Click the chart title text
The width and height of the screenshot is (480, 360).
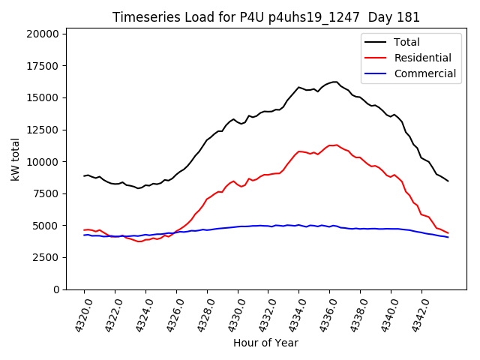[x=266, y=17]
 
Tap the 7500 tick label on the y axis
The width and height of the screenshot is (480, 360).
[x=46, y=193]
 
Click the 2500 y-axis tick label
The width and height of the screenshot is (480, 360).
[x=46, y=257]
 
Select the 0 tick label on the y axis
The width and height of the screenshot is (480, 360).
[x=57, y=289]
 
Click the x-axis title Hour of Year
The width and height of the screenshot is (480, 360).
[x=265, y=343]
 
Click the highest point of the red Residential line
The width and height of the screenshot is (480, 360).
[x=336, y=145]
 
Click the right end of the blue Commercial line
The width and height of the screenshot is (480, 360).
[x=448, y=238]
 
